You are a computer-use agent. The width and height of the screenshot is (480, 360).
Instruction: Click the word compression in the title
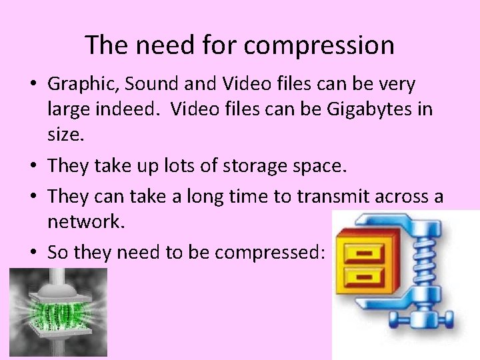click(319, 46)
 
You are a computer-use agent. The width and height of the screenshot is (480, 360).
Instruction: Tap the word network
click(86, 221)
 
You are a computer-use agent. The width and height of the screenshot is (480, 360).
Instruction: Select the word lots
click(175, 165)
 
